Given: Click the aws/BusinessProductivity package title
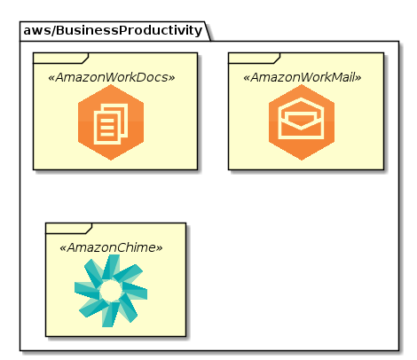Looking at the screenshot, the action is point(113,30).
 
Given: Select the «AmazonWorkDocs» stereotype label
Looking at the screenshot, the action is point(111,77).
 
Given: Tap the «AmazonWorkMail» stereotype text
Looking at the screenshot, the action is point(302,77).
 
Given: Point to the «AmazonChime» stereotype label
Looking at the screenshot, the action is point(111,247).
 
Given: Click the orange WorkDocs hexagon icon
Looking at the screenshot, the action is point(111,122).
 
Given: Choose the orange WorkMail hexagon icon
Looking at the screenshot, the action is point(302,122).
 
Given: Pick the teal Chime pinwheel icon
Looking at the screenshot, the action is point(111,291).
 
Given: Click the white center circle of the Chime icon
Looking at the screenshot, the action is point(111,292).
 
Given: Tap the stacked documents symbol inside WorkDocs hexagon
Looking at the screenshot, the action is point(111,124).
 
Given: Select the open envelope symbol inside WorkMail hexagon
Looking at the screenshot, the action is point(301,118).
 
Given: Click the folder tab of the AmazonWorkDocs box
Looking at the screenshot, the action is point(61,59).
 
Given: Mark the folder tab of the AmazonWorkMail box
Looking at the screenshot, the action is point(255,59).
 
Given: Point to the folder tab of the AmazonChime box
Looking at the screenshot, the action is point(69,229).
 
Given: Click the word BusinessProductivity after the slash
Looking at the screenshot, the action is point(129,30).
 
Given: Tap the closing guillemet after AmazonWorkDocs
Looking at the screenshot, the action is point(171,78).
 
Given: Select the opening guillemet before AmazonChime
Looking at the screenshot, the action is point(63,248).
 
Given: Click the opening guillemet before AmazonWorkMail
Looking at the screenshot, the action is point(247,78).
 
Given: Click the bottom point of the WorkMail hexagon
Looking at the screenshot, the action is point(302,160).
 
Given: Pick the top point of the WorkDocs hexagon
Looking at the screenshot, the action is point(111,85).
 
